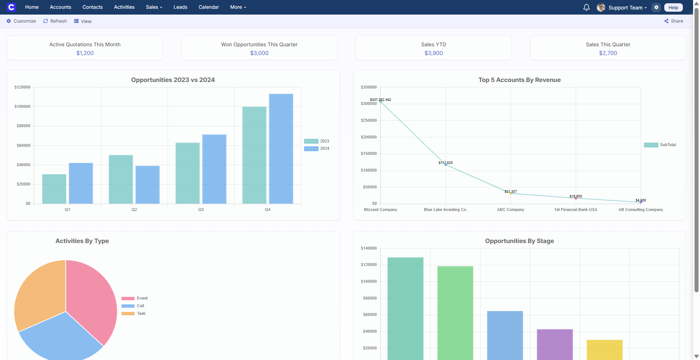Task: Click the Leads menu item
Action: coord(180,7)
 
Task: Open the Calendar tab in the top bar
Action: coord(209,7)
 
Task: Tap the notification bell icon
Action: coord(586,7)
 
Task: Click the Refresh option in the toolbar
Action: coord(55,21)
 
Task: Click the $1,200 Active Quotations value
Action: coord(85,53)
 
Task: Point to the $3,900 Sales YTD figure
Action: coord(433,53)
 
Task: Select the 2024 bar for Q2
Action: coord(147,185)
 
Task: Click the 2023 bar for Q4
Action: coord(254,155)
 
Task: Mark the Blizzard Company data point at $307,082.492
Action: coord(381,102)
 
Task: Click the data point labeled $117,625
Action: coord(446,165)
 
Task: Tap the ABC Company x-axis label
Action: coord(510,210)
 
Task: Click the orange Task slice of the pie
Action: coord(38,291)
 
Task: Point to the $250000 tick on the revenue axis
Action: coord(369,121)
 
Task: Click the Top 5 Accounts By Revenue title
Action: coord(519,80)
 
